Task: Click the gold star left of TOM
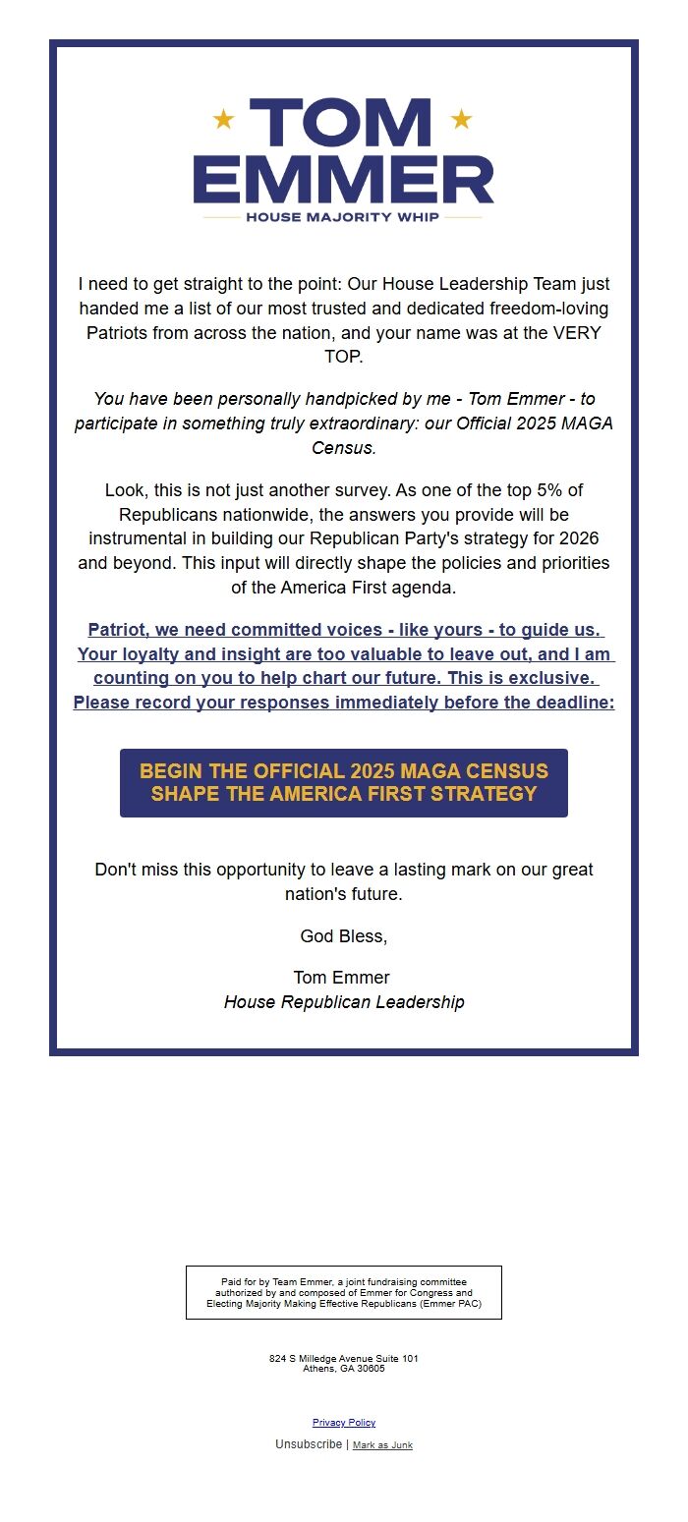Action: click(224, 120)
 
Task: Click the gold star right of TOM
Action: click(461, 120)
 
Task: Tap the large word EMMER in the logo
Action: click(344, 179)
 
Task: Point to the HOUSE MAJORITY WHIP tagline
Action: click(343, 217)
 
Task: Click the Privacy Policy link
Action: click(344, 1423)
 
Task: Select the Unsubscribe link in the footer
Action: click(309, 1444)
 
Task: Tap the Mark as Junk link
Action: click(382, 1445)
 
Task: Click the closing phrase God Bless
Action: click(344, 936)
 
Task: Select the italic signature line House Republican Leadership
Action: click(344, 1002)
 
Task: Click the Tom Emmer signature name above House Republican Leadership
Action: click(341, 978)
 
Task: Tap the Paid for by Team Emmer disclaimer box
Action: click(344, 1292)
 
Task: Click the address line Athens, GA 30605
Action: click(344, 1369)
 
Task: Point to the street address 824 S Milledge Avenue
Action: click(344, 1359)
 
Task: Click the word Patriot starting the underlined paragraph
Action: click(116, 630)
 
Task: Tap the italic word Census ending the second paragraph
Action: click(343, 448)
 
